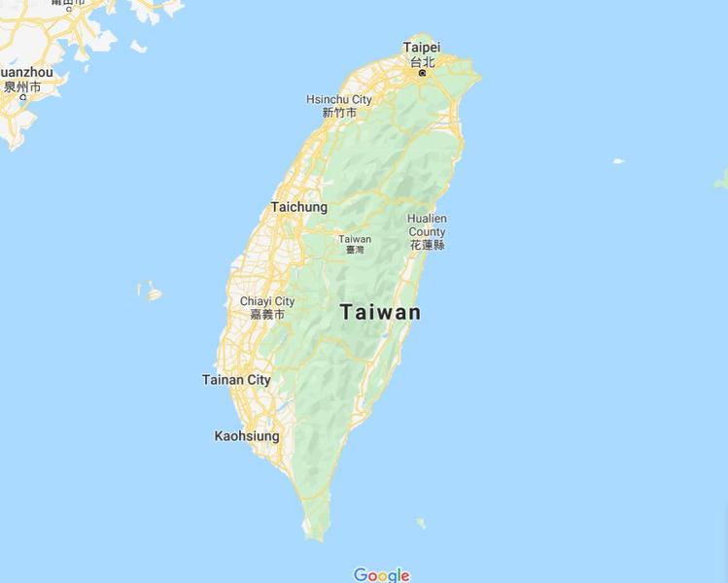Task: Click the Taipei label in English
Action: coord(422,47)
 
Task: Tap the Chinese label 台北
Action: coord(422,61)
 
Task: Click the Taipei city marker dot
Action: coord(422,72)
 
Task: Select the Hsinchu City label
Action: coord(339,99)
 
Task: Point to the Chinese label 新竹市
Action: coord(339,113)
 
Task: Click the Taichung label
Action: coord(298,207)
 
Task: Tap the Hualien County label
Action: coord(427,225)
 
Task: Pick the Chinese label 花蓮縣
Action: coord(427,245)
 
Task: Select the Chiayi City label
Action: coord(267,301)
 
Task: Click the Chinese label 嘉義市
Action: coord(267,315)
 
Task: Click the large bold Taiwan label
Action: coord(380,313)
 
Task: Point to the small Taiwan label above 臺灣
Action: coord(355,239)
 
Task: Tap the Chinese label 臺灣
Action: coord(355,250)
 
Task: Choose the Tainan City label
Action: coord(236,380)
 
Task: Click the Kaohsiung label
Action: coord(247,436)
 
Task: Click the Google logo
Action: coord(381,575)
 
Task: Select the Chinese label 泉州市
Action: coord(21,86)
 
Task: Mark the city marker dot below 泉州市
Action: coord(21,97)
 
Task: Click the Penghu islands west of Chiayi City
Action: coord(151,291)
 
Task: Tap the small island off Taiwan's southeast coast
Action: coord(421,523)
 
